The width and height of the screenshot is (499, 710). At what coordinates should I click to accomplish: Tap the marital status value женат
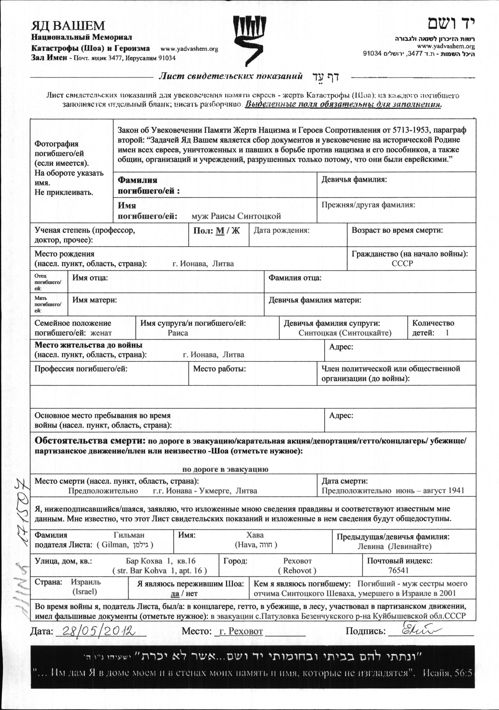pyautogui.click(x=101, y=333)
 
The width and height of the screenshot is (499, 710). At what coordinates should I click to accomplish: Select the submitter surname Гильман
pyautogui.click(x=129, y=535)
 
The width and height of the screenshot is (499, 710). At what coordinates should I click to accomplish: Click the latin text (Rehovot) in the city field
pyautogui.click(x=297, y=571)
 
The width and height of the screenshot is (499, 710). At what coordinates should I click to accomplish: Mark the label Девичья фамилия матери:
pyautogui.click(x=315, y=300)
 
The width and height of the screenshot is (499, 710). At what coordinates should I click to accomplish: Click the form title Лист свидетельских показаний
pyautogui.click(x=230, y=76)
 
